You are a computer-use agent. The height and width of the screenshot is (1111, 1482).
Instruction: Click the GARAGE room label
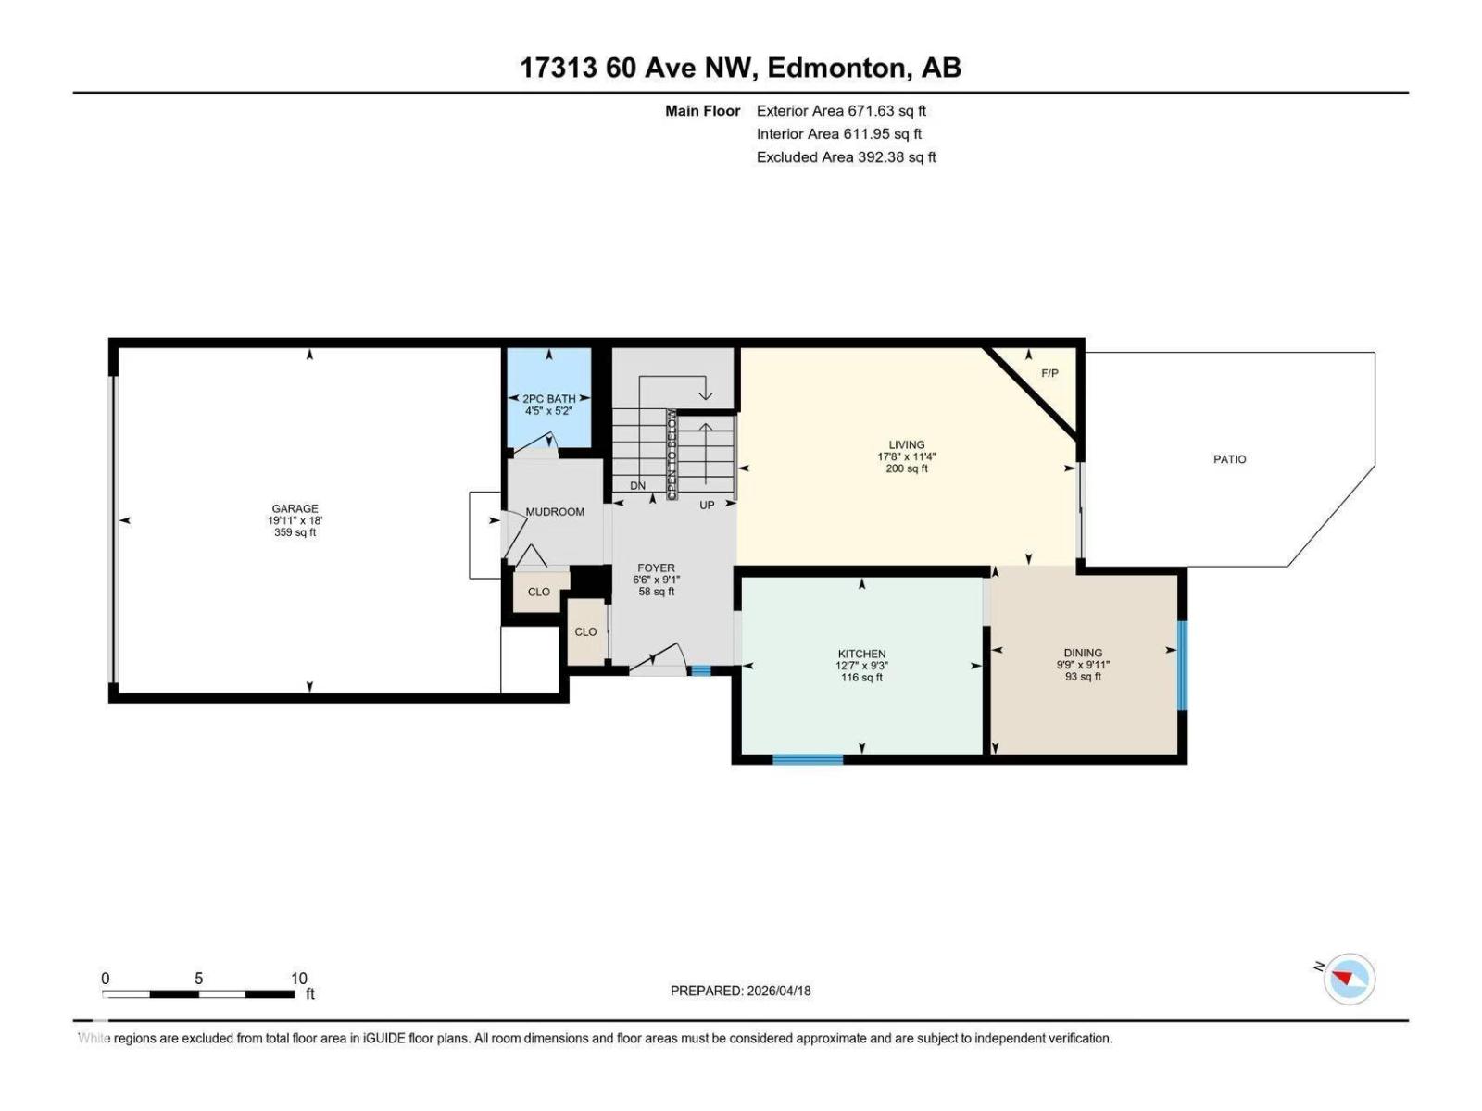tap(295, 508)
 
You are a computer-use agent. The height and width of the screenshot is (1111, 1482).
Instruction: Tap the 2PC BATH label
tap(548, 399)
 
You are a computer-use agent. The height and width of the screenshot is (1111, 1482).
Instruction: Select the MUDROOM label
tap(555, 512)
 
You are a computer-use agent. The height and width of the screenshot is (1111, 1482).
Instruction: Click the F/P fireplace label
tap(1049, 373)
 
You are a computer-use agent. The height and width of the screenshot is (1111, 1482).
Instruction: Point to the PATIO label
tap(1229, 459)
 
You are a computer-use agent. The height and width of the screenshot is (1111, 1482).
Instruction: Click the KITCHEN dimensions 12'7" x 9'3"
tap(861, 666)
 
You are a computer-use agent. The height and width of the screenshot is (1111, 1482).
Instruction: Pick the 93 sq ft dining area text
tap(1083, 677)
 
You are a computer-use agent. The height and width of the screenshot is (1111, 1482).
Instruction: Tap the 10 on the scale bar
tap(298, 979)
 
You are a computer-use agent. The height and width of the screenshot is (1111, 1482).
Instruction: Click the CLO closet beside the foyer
tap(585, 632)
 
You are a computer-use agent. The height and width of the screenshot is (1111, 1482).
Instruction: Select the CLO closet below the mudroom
tap(538, 592)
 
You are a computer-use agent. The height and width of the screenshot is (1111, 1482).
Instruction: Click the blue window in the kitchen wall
tap(808, 760)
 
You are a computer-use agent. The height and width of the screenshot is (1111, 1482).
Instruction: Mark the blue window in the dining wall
tap(1182, 665)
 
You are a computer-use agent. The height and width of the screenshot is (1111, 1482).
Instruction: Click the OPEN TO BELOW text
tap(672, 455)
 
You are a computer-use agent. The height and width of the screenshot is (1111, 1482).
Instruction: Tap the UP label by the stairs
tap(707, 506)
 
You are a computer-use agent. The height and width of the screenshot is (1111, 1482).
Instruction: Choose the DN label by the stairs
tap(637, 486)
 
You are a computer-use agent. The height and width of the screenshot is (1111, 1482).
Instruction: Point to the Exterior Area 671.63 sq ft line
tap(841, 111)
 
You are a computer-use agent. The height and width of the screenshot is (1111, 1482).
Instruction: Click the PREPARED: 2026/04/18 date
tap(740, 991)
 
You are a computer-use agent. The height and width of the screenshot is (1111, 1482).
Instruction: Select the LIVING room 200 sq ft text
tap(906, 468)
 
